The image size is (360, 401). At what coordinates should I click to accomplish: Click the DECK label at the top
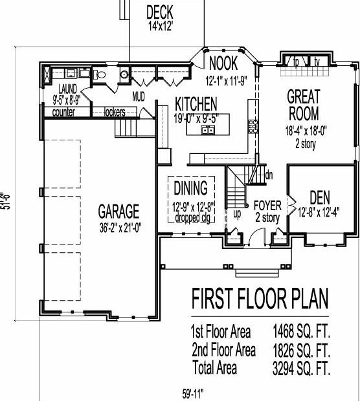tap(159, 12)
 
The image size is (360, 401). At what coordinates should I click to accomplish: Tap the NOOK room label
tap(223, 63)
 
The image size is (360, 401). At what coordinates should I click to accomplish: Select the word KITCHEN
tap(196, 103)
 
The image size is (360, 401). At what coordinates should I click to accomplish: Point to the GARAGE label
tap(118, 211)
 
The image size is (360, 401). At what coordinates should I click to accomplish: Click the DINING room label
tap(191, 188)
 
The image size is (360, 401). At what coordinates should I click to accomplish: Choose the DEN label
tap(320, 198)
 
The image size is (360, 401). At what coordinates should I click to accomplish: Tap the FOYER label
tap(267, 206)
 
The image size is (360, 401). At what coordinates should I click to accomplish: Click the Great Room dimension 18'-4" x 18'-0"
tap(306, 131)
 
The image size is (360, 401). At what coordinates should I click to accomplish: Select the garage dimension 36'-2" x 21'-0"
tap(120, 228)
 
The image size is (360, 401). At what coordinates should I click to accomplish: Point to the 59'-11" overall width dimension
tap(193, 394)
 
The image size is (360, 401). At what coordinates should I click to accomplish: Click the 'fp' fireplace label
tap(296, 62)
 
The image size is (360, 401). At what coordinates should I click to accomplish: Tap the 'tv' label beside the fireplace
tap(317, 61)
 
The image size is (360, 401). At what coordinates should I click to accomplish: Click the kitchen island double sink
tap(208, 130)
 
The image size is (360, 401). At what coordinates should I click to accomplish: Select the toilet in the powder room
tap(99, 74)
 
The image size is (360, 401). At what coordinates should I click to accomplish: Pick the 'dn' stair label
tap(269, 175)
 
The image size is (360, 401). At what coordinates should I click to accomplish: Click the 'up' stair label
tap(237, 214)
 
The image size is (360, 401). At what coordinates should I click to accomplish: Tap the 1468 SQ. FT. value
tap(301, 331)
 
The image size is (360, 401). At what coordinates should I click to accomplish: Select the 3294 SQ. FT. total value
tap(301, 368)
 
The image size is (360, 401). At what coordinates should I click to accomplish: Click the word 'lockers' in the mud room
tap(115, 112)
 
